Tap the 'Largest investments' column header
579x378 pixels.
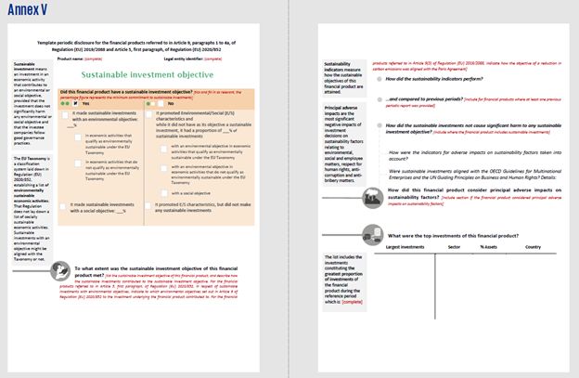point(405,246)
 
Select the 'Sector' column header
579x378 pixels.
point(455,246)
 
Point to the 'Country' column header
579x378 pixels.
point(533,246)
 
